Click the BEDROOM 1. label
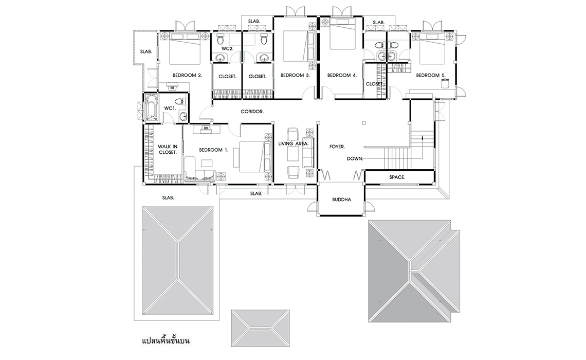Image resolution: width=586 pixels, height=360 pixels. point(213,150)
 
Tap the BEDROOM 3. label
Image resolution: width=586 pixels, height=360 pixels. point(295,75)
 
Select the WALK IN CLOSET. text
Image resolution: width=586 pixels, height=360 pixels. point(168,150)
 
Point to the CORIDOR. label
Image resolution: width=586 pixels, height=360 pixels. point(252,112)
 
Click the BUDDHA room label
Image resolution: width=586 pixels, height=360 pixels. point(342,200)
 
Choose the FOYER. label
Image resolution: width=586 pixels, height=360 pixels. point(337,147)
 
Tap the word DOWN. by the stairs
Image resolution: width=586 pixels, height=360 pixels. point(355,158)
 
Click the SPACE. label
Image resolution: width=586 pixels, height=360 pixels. point(397,177)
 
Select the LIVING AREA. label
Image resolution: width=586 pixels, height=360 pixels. point(294,143)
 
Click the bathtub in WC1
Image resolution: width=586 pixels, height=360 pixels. point(151,107)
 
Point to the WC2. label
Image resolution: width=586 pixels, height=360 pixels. point(227,48)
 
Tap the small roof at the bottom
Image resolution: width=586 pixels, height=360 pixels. point(260,328)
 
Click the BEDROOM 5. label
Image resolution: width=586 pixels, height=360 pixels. point(431,75)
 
